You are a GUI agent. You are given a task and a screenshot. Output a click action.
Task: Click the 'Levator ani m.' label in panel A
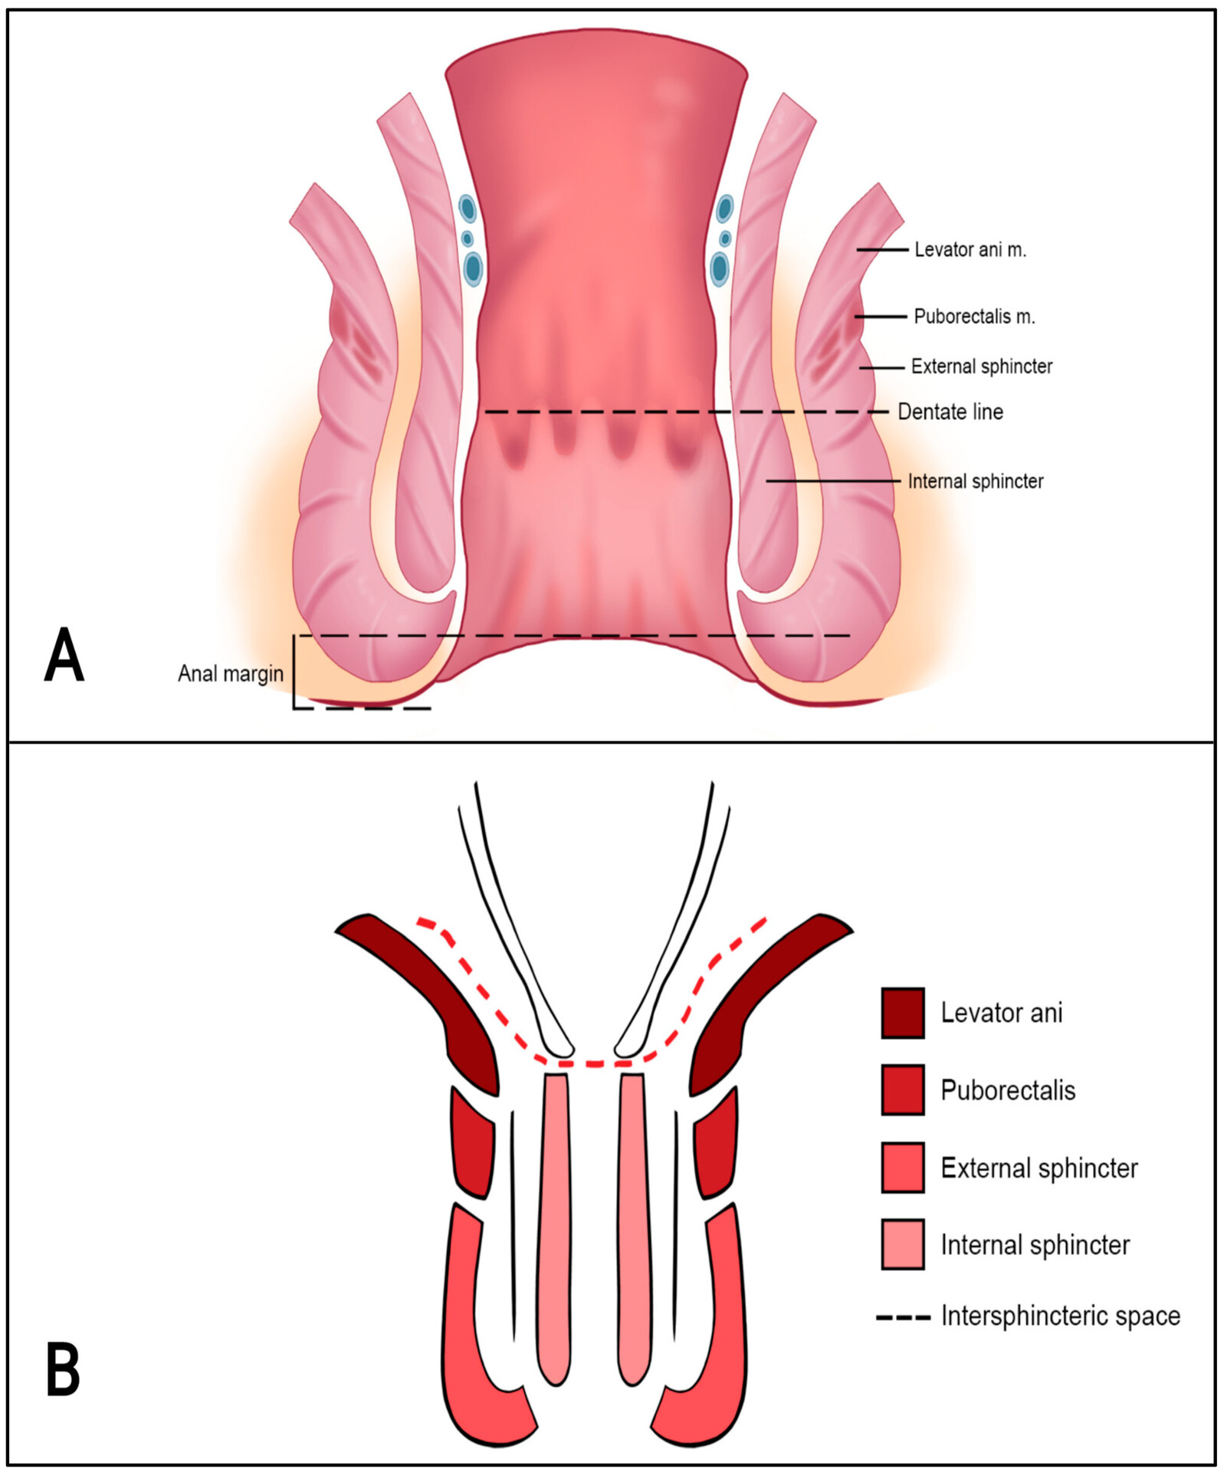pos(970,250)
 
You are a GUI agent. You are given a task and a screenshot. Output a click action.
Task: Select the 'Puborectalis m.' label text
pos(974,317)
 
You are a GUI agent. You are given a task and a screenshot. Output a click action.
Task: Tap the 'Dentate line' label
pos(950,412)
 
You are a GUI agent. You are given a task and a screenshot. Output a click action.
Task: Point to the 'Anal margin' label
pos(230,674)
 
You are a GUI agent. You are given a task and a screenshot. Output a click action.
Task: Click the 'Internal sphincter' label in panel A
pos(975,481)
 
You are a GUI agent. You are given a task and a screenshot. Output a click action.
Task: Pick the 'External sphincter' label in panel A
pos(981,366)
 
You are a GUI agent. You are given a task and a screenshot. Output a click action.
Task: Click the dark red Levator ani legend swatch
pos(902,1013)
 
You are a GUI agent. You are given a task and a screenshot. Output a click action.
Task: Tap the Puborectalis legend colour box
pos(902,1089)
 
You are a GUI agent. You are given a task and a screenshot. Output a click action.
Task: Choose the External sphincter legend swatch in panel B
pos(902,1168)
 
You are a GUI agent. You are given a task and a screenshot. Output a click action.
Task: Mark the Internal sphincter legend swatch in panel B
pos(902,1244)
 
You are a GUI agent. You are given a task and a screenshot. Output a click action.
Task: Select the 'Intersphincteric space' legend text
pos(1060,1316)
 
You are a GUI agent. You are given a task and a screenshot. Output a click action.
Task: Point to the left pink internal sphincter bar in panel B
pos(555,1227)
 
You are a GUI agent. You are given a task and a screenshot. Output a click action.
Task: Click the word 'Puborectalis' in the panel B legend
pos(1007,1090)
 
